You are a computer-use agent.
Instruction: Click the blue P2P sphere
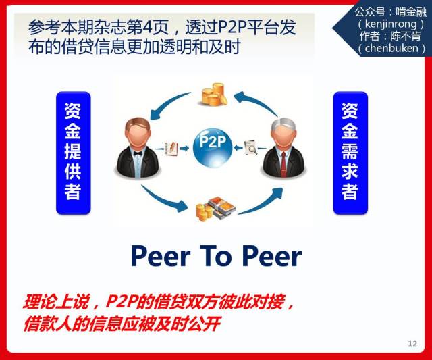[213, 147]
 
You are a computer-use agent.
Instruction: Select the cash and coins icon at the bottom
[215, 208]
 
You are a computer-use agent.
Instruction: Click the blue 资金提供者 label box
[74, 153]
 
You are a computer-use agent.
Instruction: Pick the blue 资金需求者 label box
[350, 153]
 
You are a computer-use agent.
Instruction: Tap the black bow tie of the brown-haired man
[138, 153]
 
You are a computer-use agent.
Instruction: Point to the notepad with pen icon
[171, 149]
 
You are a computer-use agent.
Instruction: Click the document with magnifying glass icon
[251, 147]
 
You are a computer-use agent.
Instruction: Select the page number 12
[412, 344]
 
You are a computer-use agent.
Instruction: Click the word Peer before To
[161, 257]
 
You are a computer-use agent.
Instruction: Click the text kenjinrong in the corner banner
[391, 24]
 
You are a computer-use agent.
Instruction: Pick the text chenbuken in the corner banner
[391, 48]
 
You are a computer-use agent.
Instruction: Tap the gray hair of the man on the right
[283, 124]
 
